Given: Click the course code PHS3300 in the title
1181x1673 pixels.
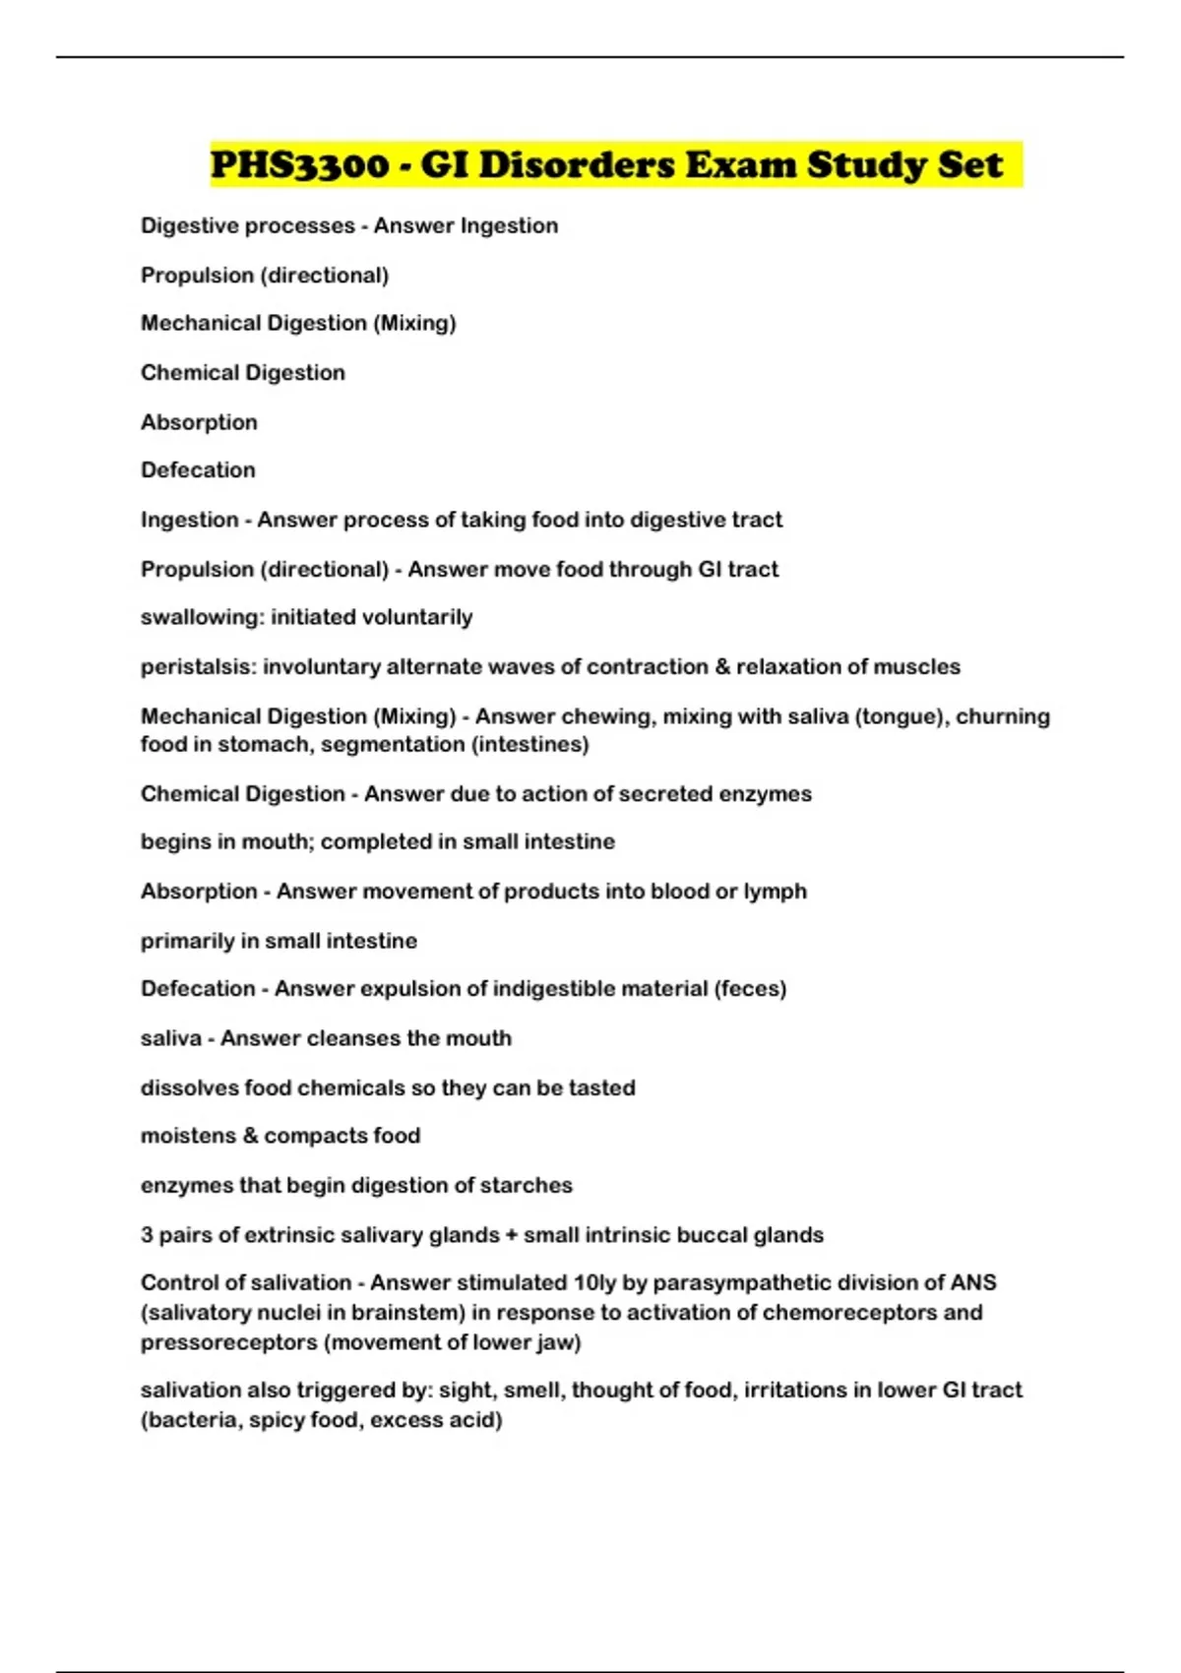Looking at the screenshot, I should tap(299, 164).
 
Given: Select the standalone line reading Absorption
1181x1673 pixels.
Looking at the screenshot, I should tap(199, 422).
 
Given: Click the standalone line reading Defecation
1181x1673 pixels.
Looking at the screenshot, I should tap(198, 470).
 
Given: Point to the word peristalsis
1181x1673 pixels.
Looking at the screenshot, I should tap(196, 667).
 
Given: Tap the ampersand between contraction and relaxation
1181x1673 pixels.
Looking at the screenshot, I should tap(723, 667).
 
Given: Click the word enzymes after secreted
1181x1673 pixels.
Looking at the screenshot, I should tap(765, 794).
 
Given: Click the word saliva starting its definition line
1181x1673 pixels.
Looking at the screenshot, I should tap(170, 1038).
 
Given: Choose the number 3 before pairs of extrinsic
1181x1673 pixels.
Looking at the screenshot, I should tap(147, 1235).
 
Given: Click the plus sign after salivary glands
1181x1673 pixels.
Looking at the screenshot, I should tap(511, 1235).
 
